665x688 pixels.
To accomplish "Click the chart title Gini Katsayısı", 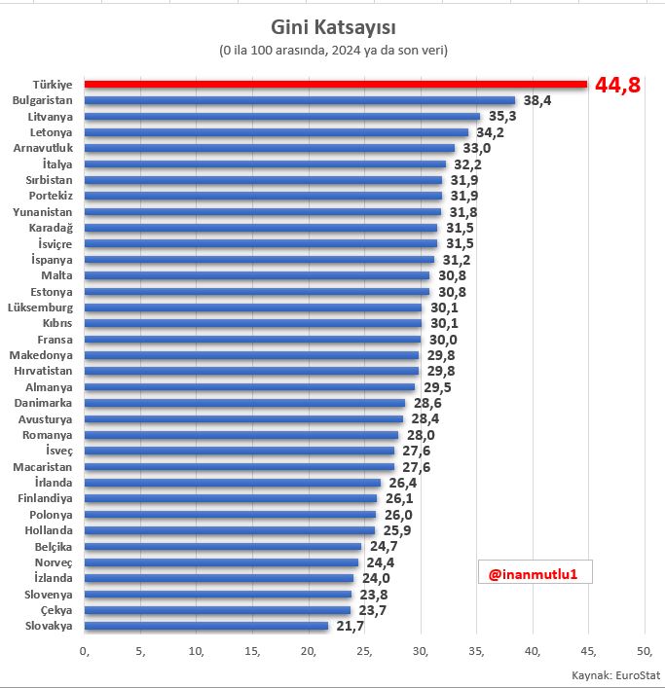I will tap(332, 25).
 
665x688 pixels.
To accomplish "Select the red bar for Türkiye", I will tap(335, 85).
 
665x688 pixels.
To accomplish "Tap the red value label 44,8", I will tap(617, 86).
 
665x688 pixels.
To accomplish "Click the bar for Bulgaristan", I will tap(300, 100).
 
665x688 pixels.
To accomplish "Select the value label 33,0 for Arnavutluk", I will tap(476, 148).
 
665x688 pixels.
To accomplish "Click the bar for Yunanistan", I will tap(263, 211).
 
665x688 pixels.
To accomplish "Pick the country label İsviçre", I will tap(56, 243).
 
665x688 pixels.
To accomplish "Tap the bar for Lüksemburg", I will tap(253, 308).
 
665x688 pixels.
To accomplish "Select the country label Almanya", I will tap(51, 387).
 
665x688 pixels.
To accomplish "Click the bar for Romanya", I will tap(241, 435).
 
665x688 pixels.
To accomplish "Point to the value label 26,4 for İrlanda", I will tap(401, 483).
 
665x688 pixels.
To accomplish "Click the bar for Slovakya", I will tap(206, 626).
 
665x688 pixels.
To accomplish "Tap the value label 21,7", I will tap(349, 626).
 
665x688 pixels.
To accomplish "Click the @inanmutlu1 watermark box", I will tap(535, 574).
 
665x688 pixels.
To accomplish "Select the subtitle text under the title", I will tap(333, 50).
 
